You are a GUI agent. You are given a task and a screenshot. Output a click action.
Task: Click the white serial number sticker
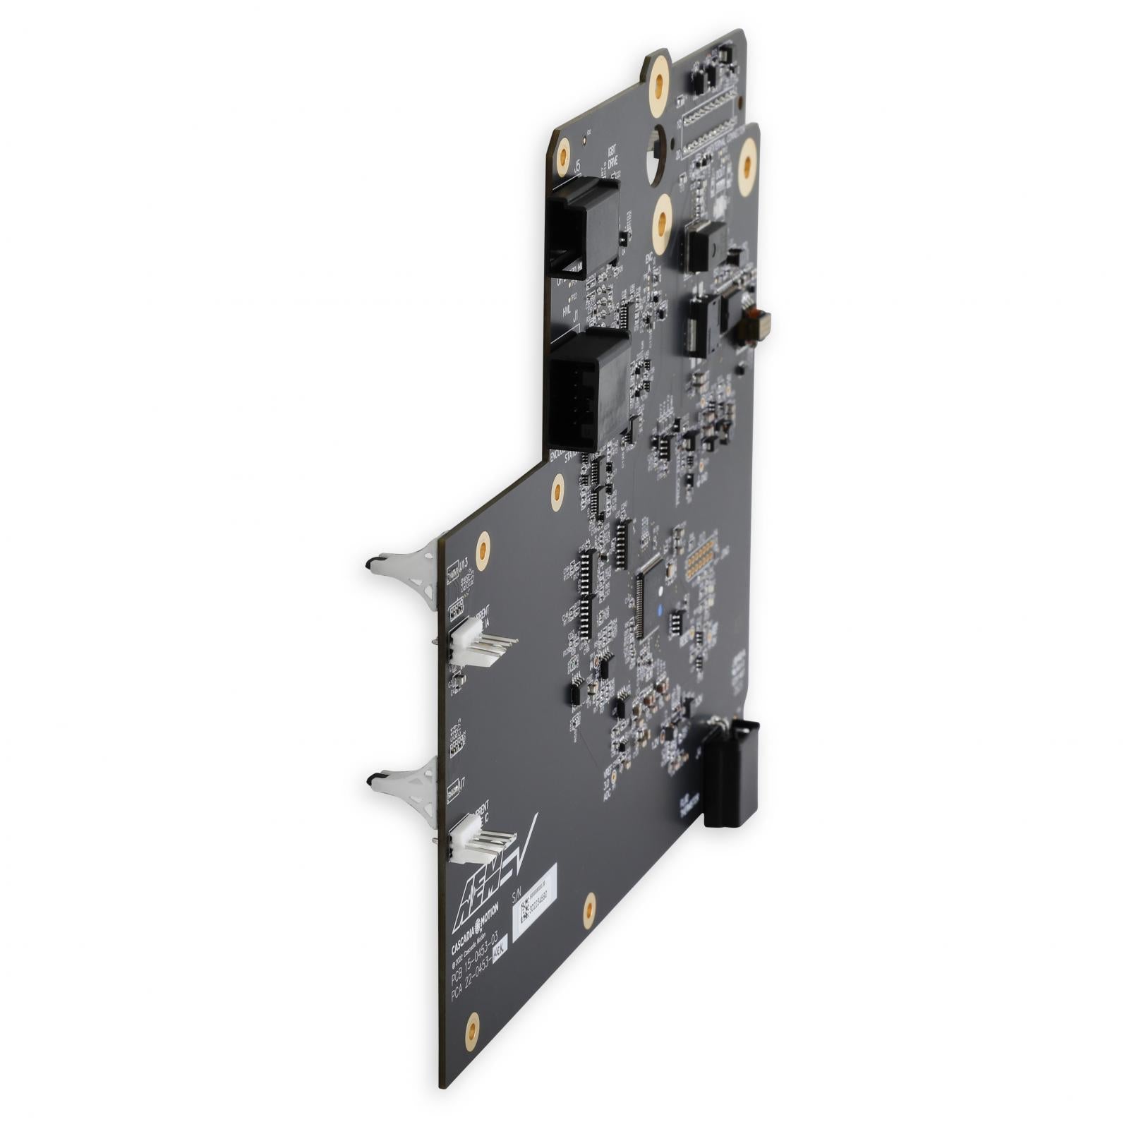click(534, 902)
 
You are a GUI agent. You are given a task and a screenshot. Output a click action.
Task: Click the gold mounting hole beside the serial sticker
click(589, 910)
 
